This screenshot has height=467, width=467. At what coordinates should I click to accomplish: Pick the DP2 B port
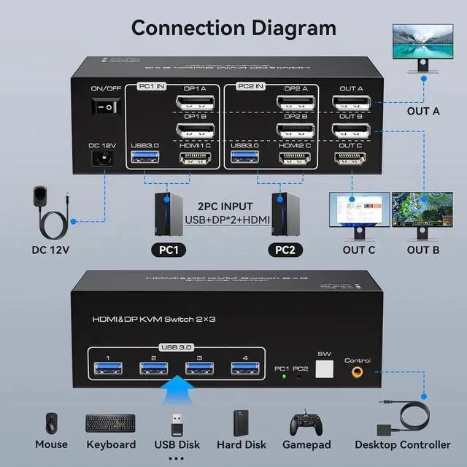296,131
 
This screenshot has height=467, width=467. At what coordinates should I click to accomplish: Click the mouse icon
51,423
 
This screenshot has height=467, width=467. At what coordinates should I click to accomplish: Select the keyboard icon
110,423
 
